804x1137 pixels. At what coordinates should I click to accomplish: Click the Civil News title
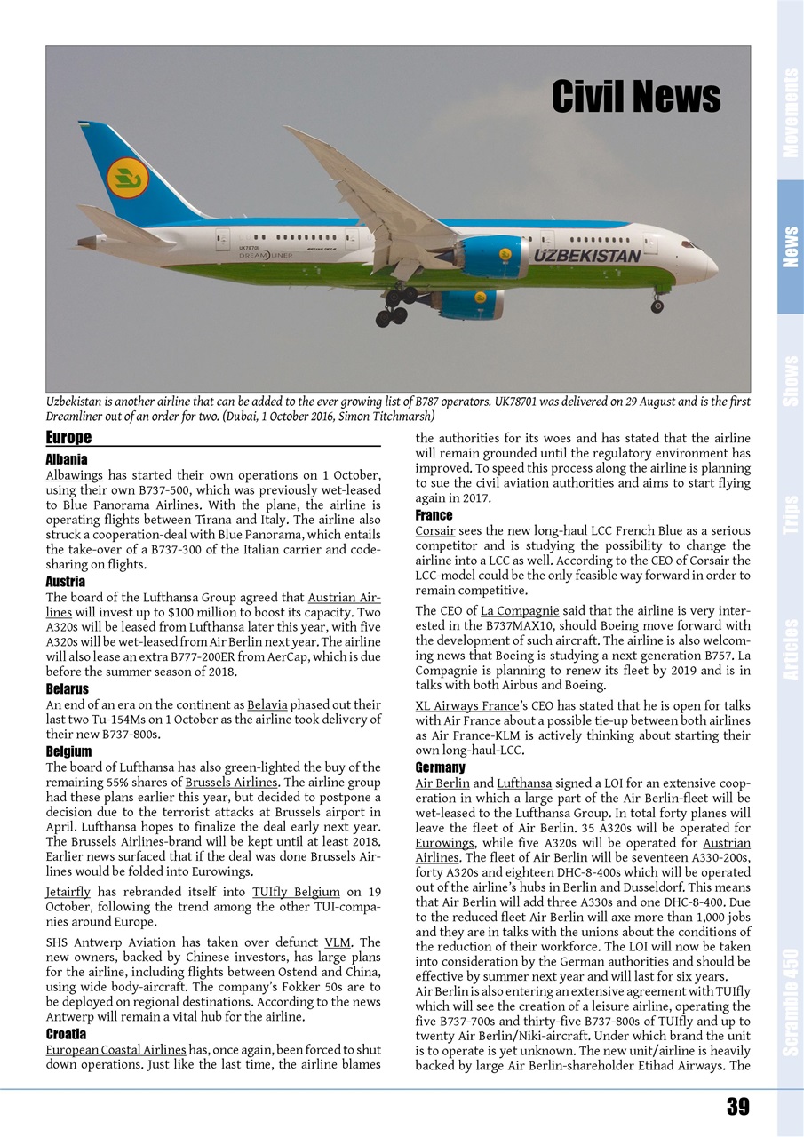point(635,96)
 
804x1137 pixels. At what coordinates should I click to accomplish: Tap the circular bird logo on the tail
point(127,178)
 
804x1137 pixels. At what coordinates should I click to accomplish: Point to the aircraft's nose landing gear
point(657,304)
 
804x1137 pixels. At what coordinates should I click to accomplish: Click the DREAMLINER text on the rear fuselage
point(266,255)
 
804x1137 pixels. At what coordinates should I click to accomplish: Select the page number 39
point(737,1106)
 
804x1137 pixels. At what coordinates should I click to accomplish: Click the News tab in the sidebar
point(790,247)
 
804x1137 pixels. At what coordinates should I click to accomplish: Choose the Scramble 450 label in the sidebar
point(790,995)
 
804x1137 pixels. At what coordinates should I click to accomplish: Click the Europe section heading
point(68,438)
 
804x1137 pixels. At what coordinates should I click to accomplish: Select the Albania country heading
point(67,459)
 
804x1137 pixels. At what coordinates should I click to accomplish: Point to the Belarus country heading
point(67,688)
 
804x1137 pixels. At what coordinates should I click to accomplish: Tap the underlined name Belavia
point(267,704)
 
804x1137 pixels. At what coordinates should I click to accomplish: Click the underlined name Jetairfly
point(68,892)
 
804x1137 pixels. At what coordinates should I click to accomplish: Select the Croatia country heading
point(66,1034)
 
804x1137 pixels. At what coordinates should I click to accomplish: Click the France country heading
point(434,515)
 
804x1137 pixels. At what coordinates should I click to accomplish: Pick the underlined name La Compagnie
point(520,610)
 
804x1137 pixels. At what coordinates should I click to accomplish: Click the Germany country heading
point(440,767)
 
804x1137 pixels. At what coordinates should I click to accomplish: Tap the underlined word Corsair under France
point(435,530)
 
